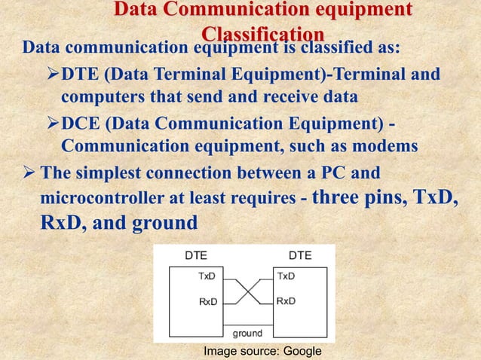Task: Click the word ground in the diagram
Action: pos(247,333)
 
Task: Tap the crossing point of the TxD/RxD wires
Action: pos(247,288)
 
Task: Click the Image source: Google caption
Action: pos(262,352)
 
